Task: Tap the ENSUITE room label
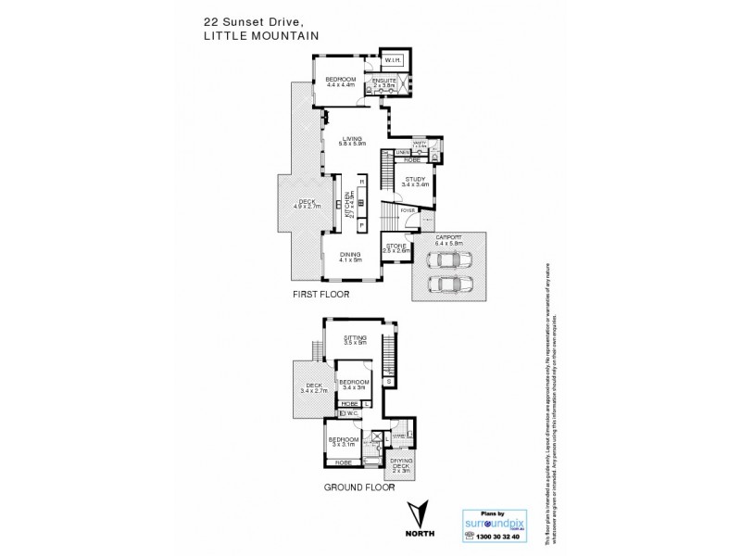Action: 383,82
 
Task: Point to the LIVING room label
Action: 352,140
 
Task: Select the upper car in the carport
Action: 446,260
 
